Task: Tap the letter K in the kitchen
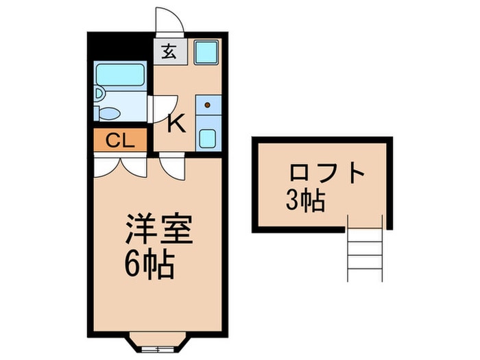click(x=176, y=124)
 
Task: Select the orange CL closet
click(x=120, y=141)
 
